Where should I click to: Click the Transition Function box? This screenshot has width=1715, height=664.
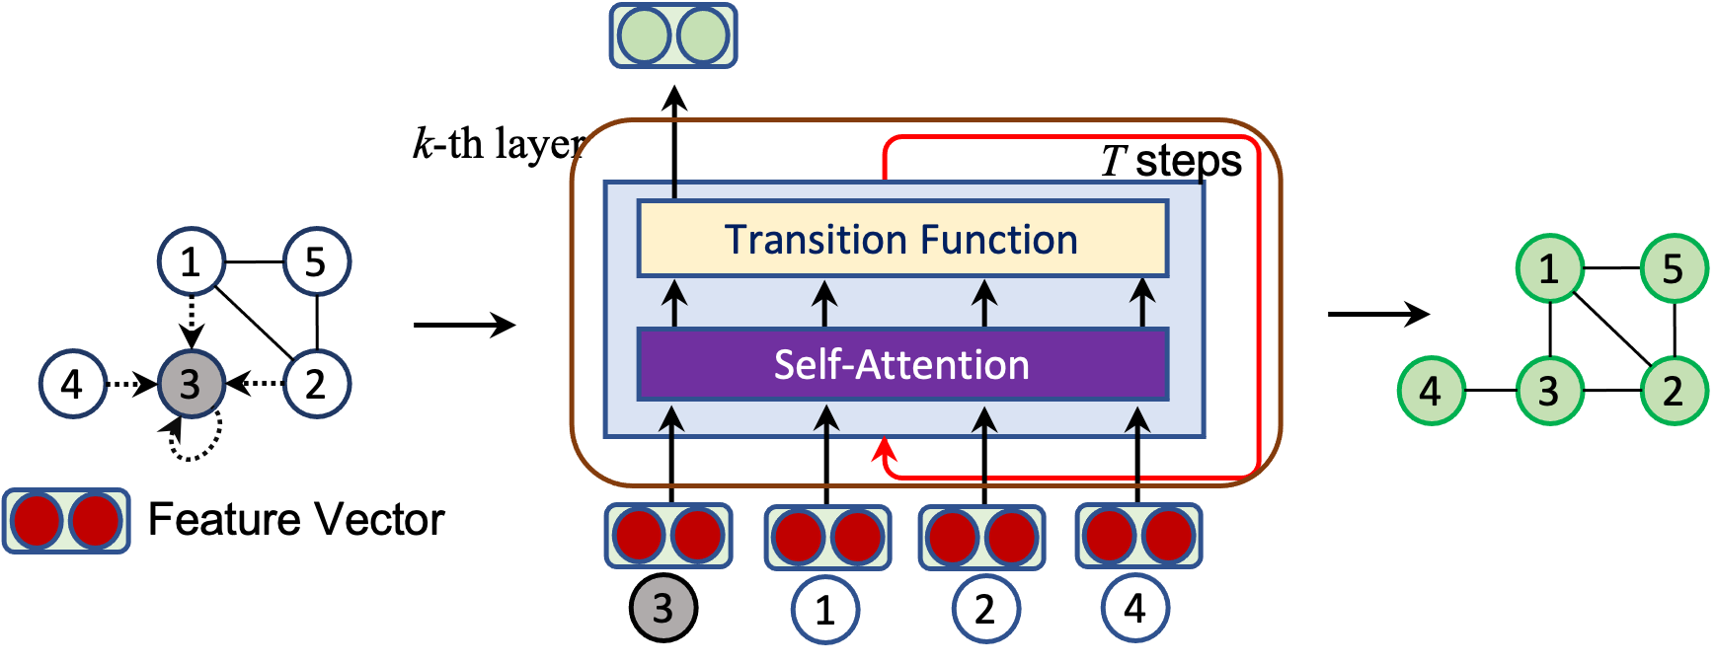point(902,239)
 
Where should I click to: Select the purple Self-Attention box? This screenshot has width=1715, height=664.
point(902,364)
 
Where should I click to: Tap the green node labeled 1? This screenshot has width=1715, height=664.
point(1549,267)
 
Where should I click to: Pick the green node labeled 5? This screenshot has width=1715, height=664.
point(1674,267)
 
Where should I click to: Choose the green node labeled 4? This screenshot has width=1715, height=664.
point(1431,391)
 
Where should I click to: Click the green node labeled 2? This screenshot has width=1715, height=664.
point(1674,391)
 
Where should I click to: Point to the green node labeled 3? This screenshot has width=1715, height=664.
point(1549,391)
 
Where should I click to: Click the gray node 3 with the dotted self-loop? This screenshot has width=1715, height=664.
point(192,383)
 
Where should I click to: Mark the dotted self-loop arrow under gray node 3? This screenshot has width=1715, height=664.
point(193,443)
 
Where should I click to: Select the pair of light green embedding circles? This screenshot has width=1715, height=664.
point(673,37)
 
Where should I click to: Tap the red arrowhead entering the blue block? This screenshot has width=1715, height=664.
point(883,450)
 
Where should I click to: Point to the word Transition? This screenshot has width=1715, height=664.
point(802,240)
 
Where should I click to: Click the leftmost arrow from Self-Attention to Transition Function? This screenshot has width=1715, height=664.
point(674,302)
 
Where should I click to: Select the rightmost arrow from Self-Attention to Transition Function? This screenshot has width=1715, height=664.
point(1142,302)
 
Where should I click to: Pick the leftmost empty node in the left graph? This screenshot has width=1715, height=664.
point(73,383)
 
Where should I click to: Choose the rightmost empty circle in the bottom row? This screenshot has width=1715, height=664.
point(1135,608)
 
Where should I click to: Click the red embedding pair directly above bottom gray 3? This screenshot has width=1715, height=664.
point(668,536)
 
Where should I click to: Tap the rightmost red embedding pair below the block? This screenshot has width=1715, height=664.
point(1138,536)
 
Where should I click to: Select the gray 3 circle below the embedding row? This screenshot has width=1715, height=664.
point(663,608)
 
